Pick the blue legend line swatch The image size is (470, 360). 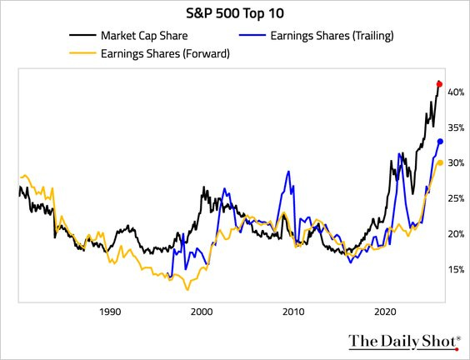coord(255,37)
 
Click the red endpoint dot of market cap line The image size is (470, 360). coord(440,83)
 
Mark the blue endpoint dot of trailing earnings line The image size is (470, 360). coord(440,142)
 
